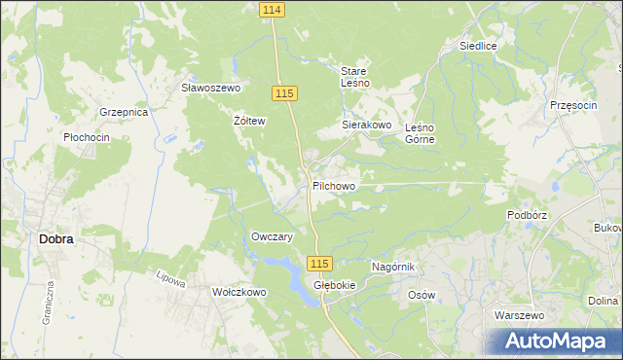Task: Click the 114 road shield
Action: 273,9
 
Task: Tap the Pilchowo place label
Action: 334,185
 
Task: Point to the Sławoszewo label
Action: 211,88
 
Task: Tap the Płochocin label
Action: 86,138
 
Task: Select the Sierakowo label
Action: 366,126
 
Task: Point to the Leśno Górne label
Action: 419,132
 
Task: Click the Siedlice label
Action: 479,46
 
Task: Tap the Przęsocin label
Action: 572,105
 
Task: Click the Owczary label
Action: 273,237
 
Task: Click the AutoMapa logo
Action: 554,342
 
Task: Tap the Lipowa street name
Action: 170,279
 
